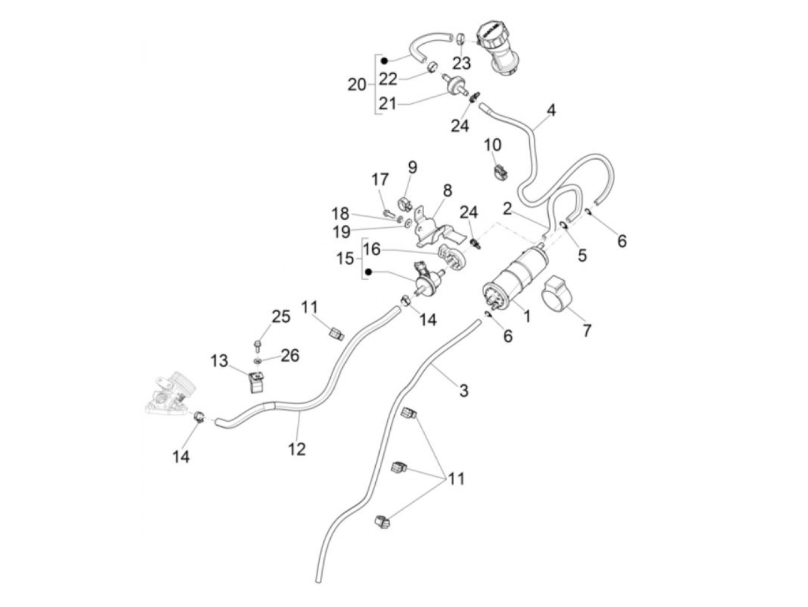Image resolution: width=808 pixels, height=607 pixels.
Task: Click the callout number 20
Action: pos(357,85)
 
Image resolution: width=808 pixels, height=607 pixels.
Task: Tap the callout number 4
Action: pos(551,110)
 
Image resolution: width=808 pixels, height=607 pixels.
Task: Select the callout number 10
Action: pos(493,144)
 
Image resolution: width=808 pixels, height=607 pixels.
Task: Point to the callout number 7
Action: pos(587,331)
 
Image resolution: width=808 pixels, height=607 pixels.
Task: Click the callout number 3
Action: pos(463,391)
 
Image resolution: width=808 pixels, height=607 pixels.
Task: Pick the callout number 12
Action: pos(297,448)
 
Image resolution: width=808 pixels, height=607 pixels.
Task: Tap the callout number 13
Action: pos(219,362)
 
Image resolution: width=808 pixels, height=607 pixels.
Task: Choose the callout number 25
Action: pos(281,317)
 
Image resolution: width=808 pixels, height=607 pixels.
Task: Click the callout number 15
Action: pos(345,258)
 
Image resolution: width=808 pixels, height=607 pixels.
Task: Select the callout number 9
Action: pos(412,167)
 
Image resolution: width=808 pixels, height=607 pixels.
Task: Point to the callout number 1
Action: pos(526,316)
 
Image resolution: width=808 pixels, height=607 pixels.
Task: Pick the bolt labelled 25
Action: pos(257,347)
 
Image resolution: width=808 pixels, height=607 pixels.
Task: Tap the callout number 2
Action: pos(507,208)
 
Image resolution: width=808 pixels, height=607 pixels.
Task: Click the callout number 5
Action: pos(582,254)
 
